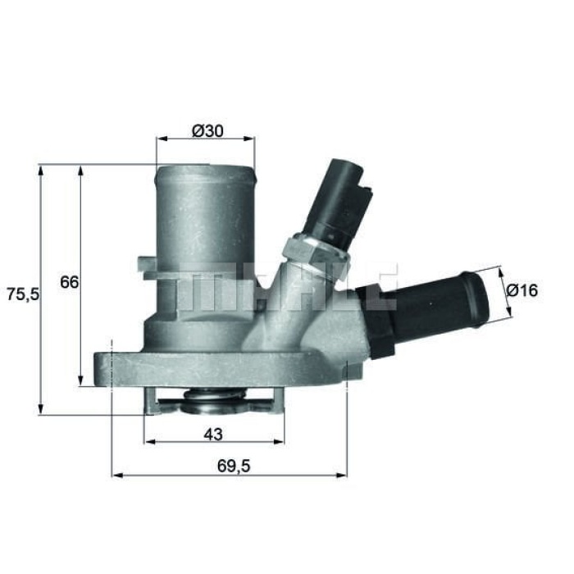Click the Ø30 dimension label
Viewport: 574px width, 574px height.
[x=206, y=130]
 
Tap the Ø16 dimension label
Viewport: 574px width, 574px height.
[x=522, y=290]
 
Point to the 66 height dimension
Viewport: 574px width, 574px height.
[x=69, y=282]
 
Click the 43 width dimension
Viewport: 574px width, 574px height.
[x=214, y=432]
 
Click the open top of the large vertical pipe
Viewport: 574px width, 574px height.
[x=206, y=171]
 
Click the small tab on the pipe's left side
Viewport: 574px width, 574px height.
[x=147, y=267]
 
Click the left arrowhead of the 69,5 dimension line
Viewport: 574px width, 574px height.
[x=116, y=475]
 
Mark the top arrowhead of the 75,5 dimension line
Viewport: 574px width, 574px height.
[x=40, y=169]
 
